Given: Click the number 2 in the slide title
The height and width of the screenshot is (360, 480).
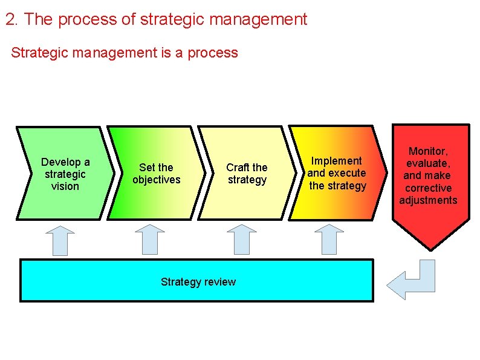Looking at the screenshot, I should click(x=10, y=19).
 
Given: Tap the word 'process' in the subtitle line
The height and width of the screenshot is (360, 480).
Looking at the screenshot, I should click(x=213, y=53).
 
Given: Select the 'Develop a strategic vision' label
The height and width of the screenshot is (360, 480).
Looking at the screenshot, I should click(x=65, y=174).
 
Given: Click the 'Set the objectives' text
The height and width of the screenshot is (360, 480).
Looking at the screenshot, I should click(x=156, y=174).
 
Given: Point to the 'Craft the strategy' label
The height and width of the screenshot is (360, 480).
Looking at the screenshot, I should click(x=247, y=174).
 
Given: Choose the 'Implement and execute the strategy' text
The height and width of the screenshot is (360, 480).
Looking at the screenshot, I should click(x=337, y=173).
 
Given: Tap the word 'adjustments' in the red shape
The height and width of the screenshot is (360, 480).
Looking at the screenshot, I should click(x=428, y=200).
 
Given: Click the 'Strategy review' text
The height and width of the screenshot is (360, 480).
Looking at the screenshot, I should click(x=198, y=281).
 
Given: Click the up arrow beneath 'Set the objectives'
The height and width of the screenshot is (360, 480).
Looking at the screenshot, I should click(x=149, y=240).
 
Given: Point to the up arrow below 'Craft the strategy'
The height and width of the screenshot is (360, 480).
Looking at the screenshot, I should click(x=241, y=240).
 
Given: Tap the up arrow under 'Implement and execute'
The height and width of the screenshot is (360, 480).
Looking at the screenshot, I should click(x=329, y=240).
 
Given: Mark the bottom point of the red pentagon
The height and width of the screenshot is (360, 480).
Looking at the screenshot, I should click(x=430, y=249).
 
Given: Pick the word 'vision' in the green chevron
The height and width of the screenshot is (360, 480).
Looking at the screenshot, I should click(x=65, y=186).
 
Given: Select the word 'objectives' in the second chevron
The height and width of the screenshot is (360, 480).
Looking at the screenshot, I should click(x=156, y=180).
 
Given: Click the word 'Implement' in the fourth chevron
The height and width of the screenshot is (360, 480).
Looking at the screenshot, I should click(x=337, y=161).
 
